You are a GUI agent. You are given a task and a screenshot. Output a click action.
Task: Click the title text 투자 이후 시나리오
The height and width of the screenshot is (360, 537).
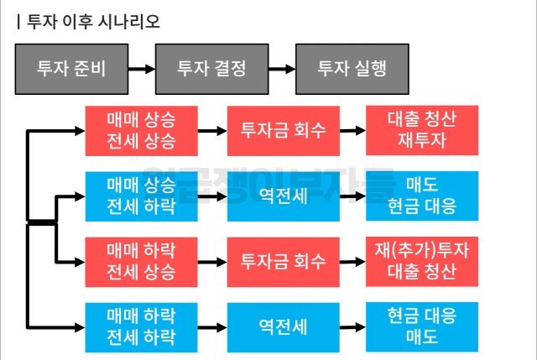pyautogui.click(x=93, y=22)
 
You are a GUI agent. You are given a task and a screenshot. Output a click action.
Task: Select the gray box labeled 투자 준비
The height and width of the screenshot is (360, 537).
pyautogui.click(x=71, y=69)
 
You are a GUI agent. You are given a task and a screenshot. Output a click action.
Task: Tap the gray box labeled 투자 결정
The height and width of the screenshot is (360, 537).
pyautogui.click(x=212, y=69)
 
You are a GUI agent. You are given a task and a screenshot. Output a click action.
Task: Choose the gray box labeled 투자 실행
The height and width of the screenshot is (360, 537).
pyautogui.click(x=352, y=69)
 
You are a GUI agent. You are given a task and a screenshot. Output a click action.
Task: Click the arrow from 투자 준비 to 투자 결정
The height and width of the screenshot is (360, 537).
pyautogui.click(x=142, y=69)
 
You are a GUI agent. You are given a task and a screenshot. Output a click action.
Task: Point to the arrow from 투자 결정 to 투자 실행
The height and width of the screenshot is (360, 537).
pyautogui.click(x=282, y=69)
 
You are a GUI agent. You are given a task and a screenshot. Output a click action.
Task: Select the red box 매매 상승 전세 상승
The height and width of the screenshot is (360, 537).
pyautogui.click(x=142, y=131)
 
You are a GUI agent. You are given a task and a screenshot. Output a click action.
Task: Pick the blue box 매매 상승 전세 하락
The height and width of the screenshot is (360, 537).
pyautogui.click(x=142, y=196)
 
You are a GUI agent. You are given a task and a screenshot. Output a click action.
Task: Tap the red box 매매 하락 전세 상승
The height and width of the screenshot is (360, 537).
pyautogui.click(x=142, y=262)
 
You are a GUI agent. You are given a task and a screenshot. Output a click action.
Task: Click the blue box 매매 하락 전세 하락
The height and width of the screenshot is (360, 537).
pyautogui.click(x=142, y=327)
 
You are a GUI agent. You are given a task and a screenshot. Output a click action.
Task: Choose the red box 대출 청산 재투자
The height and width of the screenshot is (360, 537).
pyautogui.click(x=422, y=131)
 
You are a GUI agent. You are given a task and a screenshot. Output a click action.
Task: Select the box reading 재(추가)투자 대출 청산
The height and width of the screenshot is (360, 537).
pyautogui.click(x=422, y=262)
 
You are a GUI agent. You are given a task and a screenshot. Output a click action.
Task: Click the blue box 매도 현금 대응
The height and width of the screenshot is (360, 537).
pyautogui.click(x=422, y=196)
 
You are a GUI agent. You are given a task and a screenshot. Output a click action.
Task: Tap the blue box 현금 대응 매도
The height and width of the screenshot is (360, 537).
pyautogui.click(x=422, y=327)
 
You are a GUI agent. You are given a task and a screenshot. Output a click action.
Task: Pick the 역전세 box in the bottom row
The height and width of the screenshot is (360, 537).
pyautogui.click(x=284, y=327)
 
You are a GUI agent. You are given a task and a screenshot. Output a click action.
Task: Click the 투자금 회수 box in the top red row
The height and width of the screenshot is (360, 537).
pyautogui.click(x=284, y=131)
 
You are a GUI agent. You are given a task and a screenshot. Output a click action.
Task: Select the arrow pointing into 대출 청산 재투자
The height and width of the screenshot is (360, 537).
pyautogui.click(x=352, y=131)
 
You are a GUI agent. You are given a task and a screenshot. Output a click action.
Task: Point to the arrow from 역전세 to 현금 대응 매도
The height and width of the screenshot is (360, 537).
pyautogui.click(x=352, y=327)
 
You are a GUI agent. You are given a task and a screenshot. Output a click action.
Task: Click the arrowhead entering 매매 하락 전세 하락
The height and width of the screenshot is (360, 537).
pyautogui.click(x=81, y=328)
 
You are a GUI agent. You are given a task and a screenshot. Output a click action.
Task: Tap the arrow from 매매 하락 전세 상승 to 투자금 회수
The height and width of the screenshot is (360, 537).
pyautogui.click(x=212, y=263)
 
